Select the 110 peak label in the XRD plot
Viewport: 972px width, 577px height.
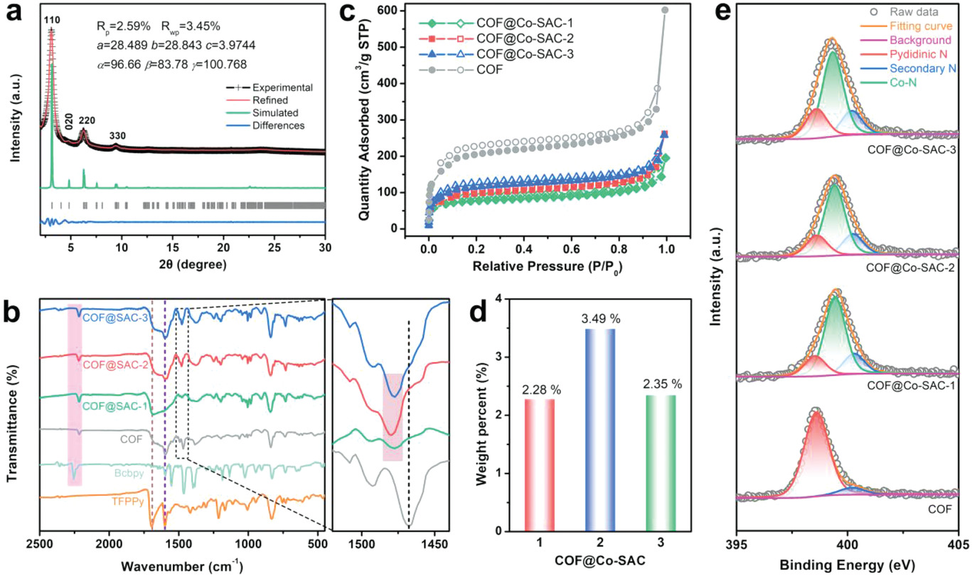(51, 21)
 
